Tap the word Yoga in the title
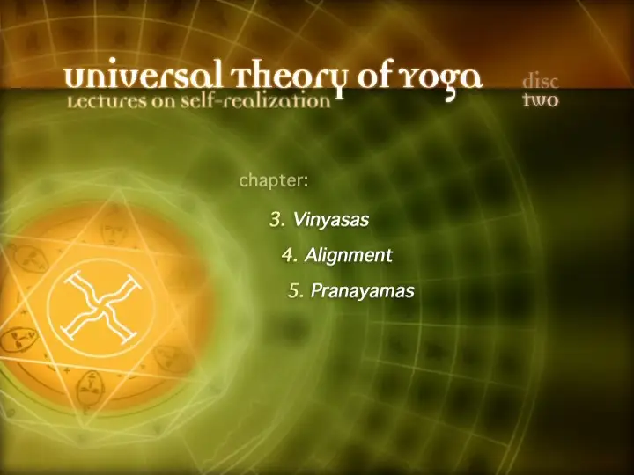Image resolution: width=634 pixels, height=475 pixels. coord(441,79)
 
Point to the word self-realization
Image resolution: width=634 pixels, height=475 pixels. coord(255,100)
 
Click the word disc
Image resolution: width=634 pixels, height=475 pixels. coord(541,81)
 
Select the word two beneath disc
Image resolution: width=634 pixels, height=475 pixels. coord(541,99)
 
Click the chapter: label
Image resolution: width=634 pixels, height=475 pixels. coord(274,181)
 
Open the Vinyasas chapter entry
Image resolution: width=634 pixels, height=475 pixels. coord(320,220)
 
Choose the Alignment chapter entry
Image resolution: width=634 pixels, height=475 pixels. coord(336,255)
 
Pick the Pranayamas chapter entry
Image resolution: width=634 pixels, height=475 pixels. coord(351,291)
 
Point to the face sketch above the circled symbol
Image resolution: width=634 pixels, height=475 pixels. coord(114,231)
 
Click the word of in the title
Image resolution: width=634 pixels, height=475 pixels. coord(374,76)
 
